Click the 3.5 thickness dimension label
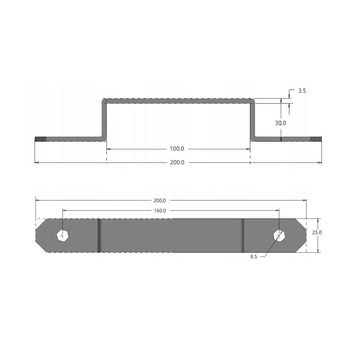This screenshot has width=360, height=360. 302,91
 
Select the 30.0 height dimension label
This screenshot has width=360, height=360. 280,123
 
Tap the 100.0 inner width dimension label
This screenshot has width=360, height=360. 177,149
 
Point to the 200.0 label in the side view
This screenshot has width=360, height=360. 177,162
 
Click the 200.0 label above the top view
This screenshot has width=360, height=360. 160,201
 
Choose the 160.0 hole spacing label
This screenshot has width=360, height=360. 160,211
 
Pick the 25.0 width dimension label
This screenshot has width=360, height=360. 317,233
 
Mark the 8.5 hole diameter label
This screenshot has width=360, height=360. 254,256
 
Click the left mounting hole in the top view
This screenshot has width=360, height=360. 63,235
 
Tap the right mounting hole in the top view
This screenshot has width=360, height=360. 279,235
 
